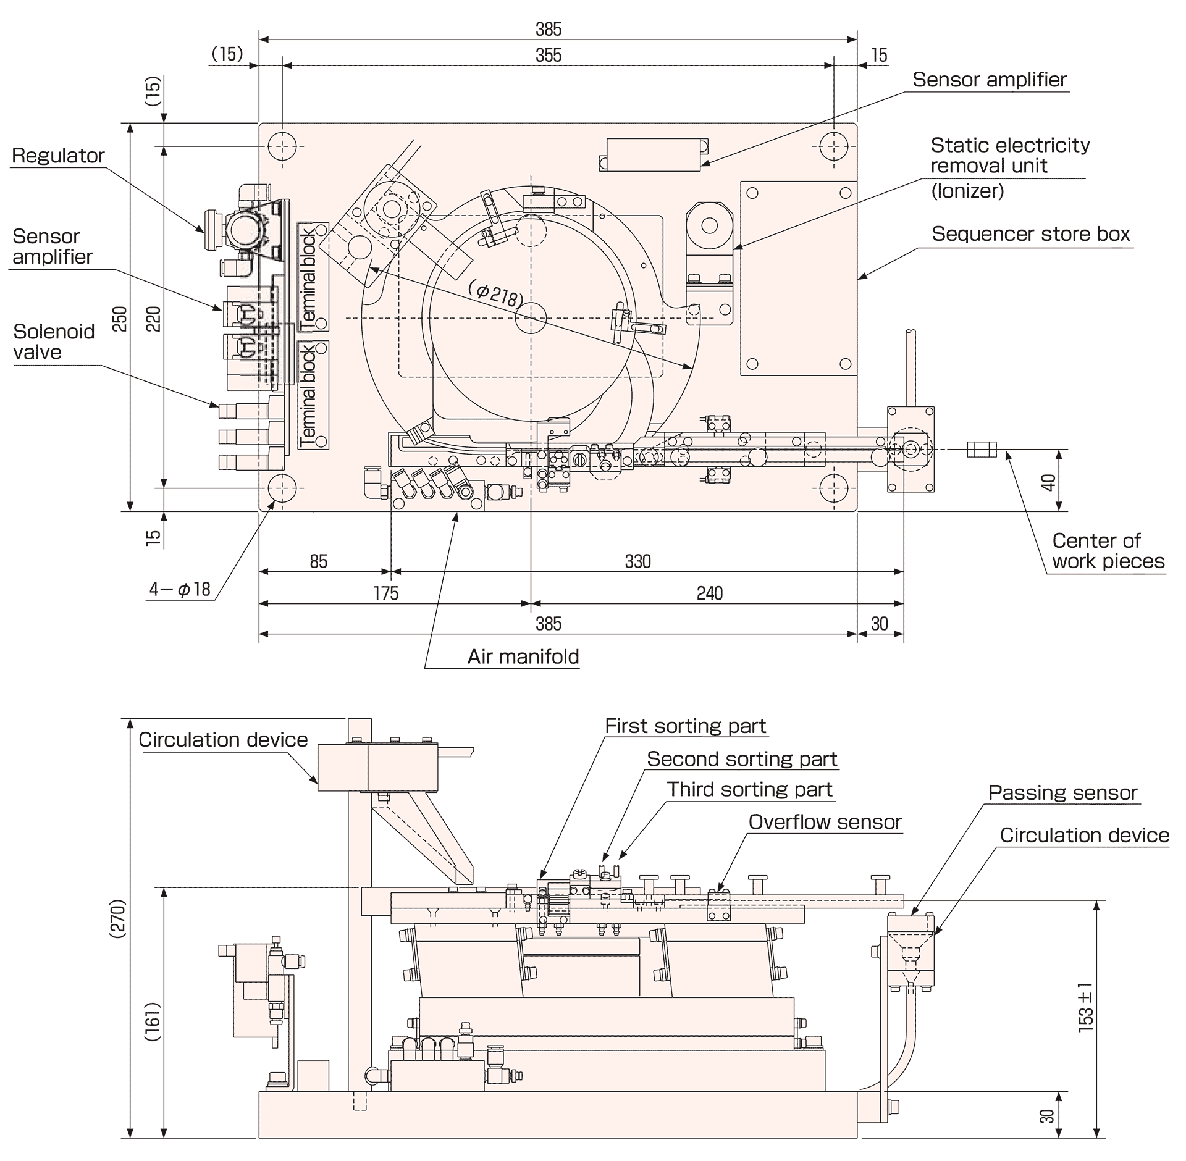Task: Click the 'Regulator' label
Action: click(x=58, y=156)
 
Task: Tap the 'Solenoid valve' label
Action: click(x=54, y=342)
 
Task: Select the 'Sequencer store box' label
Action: click(x=1030, y=234)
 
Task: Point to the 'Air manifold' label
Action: click(x=523, y=656)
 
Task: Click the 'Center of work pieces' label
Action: click(x=1108, y=551)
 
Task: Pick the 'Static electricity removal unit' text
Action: click(x=1009, y=156)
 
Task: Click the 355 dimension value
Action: click(x=549, y=56)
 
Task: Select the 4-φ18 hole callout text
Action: click(x=180, y=590)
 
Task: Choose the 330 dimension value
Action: click(x=637, y=561)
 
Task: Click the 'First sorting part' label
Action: click(x=685, y=726)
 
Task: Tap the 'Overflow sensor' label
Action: click(x=825, y=822)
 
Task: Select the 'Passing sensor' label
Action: click(x=1062, y=793)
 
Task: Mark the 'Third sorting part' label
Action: click(x=749, y=789)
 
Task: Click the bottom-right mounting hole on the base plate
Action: click(x=833, y=488)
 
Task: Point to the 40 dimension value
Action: click(x=1049, y=482)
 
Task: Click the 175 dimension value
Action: click(x=386, y=593)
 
